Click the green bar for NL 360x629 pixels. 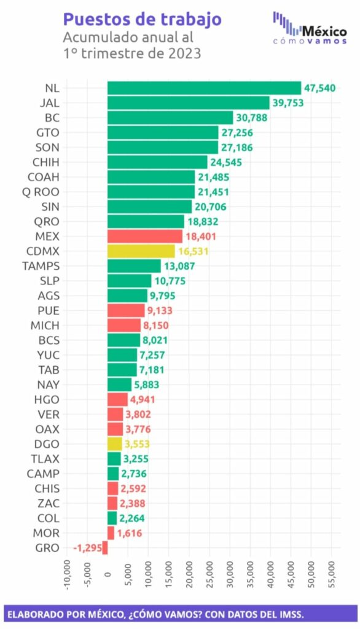pyautogui.click(x=205, y=88)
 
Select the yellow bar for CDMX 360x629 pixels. pyautogui.click(x=141, y=251)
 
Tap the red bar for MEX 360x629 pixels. pyautogui.click(x=145, y=236)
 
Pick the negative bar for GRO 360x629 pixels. pyautogui.click(x=105, y=548)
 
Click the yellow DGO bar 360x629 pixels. pyautogui.click(x=115, y=444)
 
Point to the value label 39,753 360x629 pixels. pyautogui.click(x=288, y=103)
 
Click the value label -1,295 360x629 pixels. pyautogui.click(x=87, y=548)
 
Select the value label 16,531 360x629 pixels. pyautogui.click(x=194, y=251)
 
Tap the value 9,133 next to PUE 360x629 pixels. pyautogui.click(x=160, y=310)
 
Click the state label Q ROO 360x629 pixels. pyautogui.click(x=41, y=192)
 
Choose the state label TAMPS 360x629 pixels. pyautogui.click(x=41, y=266)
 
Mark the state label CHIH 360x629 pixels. pyautogui.click(x=45, y=162)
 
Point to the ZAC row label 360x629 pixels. pyautogui.click(x=48, y=504)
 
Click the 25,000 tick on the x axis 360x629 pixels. pyautogui.click(x=209, y=574)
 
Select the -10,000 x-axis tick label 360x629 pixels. pyautogui.click(x=67, y=575)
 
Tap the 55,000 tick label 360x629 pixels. pyautogui.click(x=332, y=574)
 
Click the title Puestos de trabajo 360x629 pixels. pyautogui.click(x=142, y=20)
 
